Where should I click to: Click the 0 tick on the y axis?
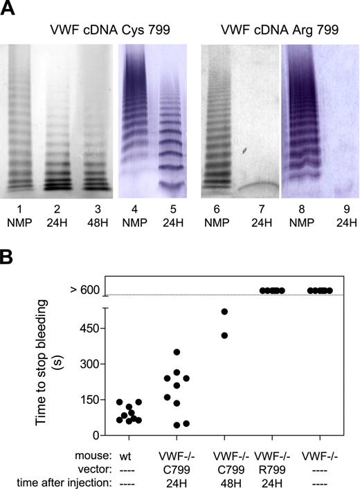tap(98, 435)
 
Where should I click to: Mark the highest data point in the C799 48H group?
tap(224, 312)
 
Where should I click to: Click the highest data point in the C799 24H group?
tap(177, 353)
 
